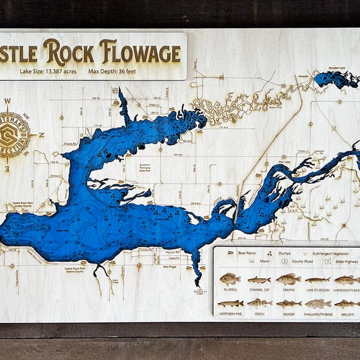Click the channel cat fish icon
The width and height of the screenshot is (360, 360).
click(259, 280)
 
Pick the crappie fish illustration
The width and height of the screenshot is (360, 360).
click(288, 279)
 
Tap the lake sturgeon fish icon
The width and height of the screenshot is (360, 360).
click(317, 280)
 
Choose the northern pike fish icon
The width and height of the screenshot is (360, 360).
click(230, 304)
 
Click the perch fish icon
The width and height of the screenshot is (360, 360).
click(259, 304)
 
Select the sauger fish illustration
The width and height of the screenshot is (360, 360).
click(289, 304)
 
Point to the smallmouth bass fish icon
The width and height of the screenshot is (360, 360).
click(317, 304)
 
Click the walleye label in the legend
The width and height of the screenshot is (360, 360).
click(347, 314)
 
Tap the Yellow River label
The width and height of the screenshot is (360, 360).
click(276, 108)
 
